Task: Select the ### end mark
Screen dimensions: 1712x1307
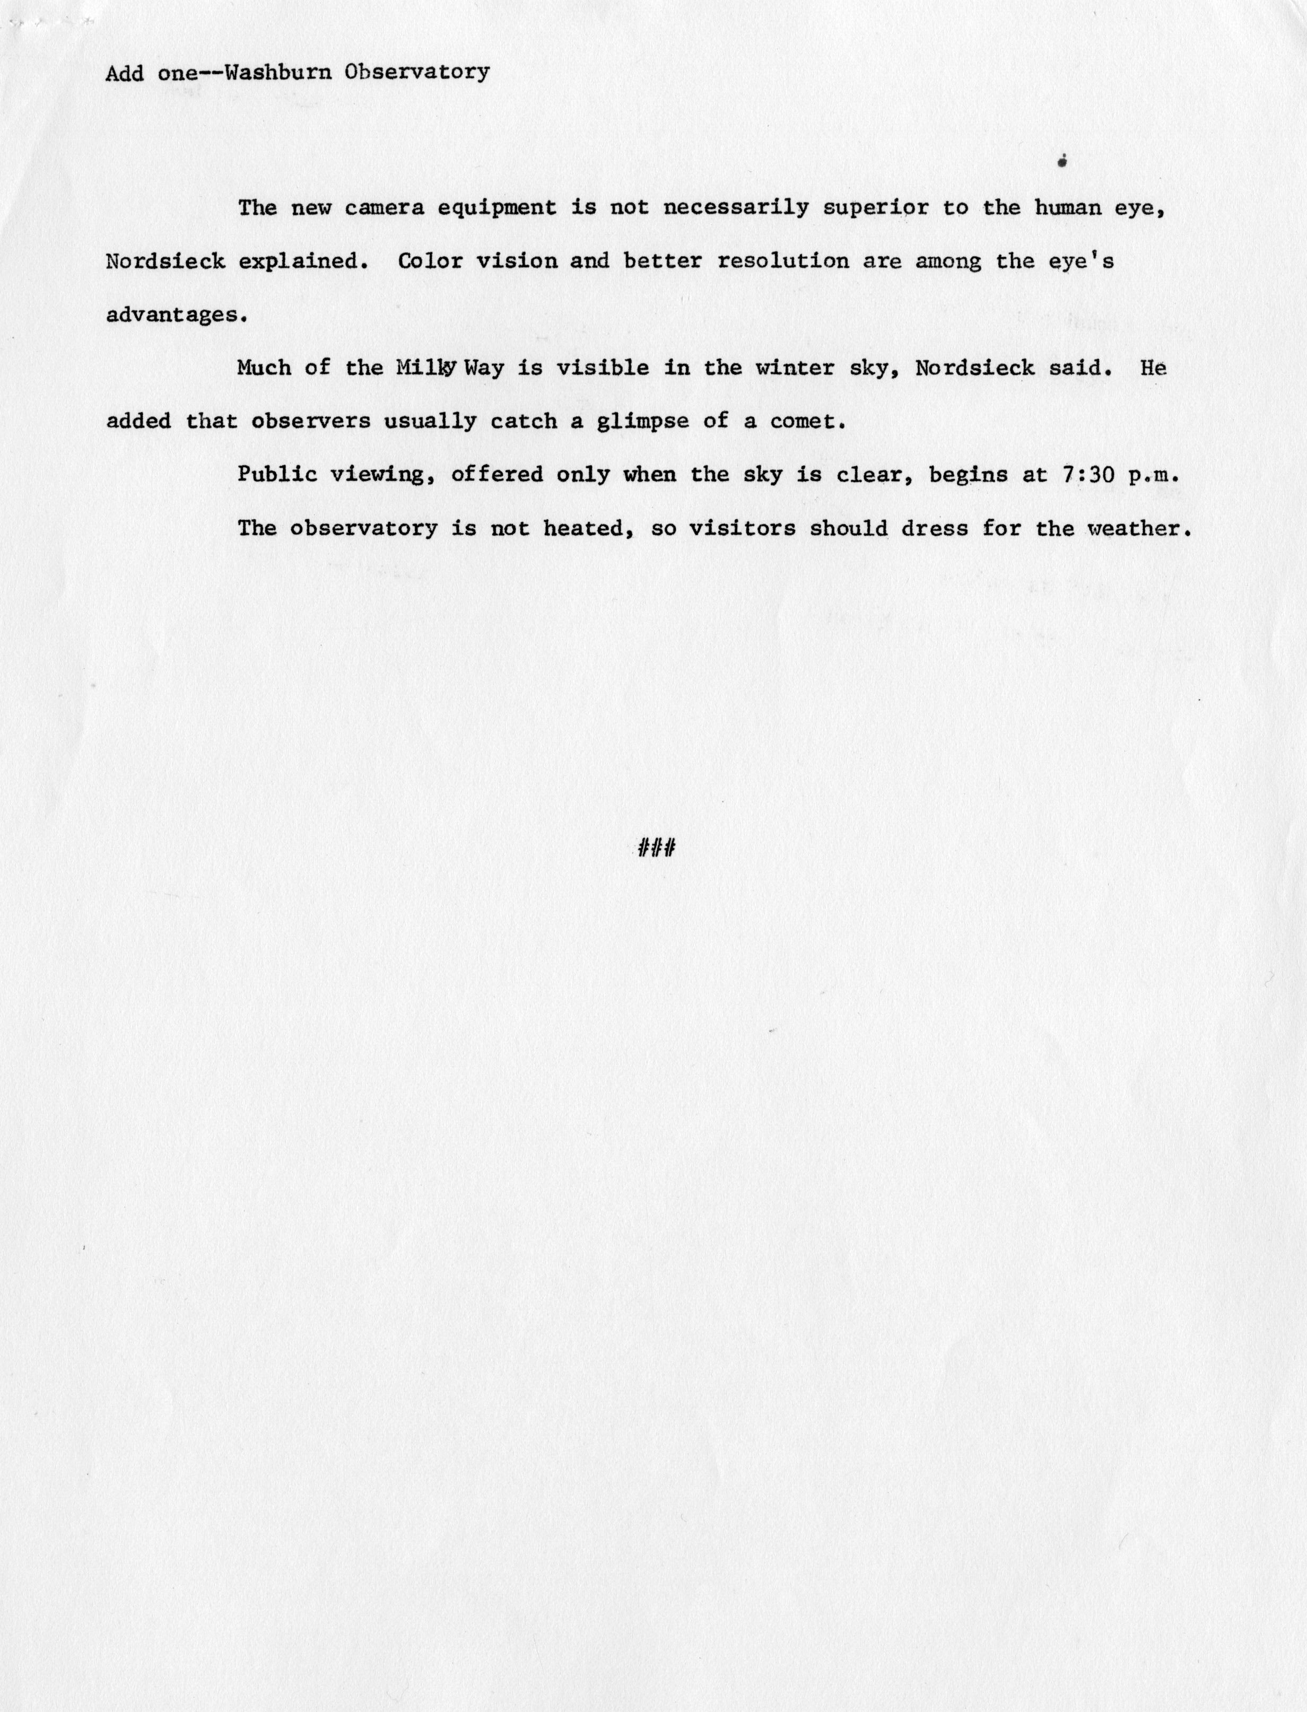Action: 655,848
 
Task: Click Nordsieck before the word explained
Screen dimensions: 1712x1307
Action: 165,261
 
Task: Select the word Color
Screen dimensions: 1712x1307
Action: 430,261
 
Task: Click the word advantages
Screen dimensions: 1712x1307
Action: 175,316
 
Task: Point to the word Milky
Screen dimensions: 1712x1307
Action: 425,369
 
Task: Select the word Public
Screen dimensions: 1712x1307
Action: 277,475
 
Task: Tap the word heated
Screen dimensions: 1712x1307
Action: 582,528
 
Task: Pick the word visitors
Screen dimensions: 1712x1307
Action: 742,528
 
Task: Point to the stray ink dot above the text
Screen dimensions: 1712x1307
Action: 1062,162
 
